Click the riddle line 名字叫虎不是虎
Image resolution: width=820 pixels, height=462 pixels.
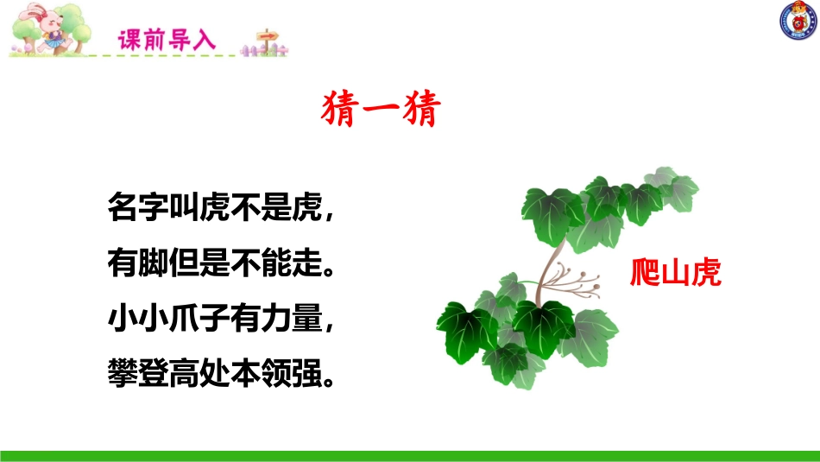click(219, 209)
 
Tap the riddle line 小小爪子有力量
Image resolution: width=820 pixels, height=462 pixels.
click(219, 320)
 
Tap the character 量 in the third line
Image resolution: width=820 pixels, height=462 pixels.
click(304, 320)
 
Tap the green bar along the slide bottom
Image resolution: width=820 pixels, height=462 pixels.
click(410, 454)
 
